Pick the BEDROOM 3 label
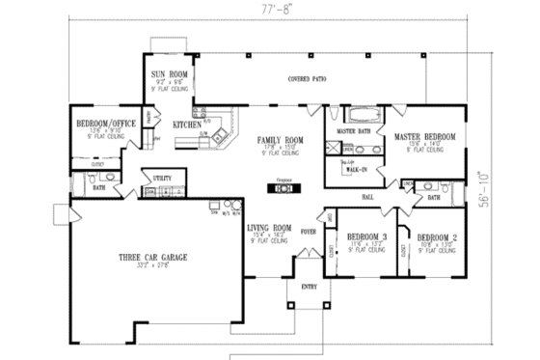point(367,236)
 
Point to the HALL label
point(367,196)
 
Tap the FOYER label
point(310,232)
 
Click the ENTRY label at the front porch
point(309,287)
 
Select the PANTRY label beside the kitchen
point(148,118)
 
